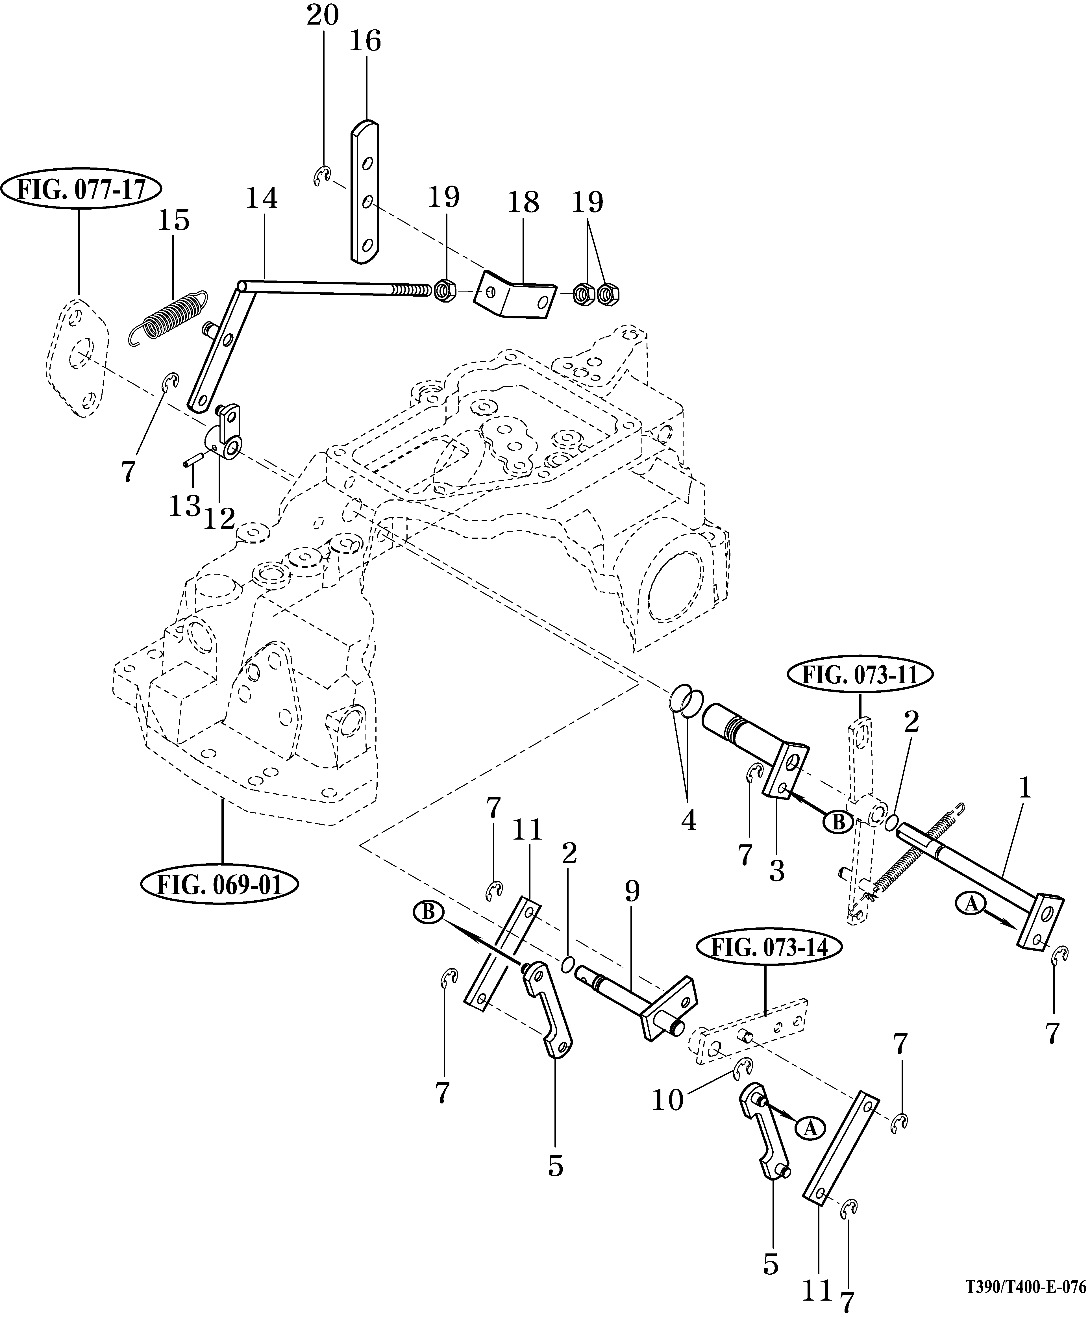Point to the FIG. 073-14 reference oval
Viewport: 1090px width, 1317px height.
[x=766, y=946]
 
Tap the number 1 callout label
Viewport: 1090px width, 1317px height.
[x=1024, y=789]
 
